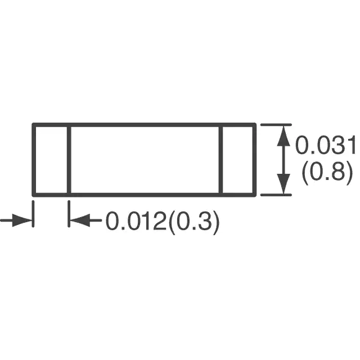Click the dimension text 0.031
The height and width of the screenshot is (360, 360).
point(326,145)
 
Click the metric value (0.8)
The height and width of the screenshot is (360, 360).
point(327,171)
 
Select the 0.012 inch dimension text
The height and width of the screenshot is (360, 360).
point(136,221)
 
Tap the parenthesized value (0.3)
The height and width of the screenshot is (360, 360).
point(193,222)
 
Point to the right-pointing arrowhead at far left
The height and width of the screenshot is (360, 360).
point(22,220)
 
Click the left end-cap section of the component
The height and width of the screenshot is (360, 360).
point(51,160)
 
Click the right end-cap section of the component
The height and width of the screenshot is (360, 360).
point(238,160)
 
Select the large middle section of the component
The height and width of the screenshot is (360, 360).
point(145,160)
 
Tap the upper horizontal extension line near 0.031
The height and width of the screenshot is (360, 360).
point(276,125)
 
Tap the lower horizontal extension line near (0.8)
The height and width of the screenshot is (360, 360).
point(276,195)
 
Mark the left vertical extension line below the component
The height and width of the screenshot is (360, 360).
point(33,214)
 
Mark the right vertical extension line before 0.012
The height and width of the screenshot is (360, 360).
point(69,214)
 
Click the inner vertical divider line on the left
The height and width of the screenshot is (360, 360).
point(69,160)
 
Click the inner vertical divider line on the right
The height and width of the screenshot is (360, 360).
point(221,160)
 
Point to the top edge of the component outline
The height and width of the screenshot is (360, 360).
point(144,125)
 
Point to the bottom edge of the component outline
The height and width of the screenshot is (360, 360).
point(144,195)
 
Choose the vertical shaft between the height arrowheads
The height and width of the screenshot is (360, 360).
point(283,160)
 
